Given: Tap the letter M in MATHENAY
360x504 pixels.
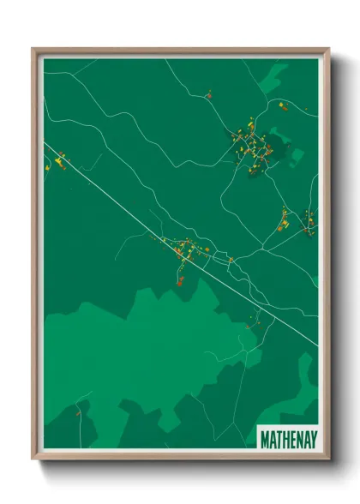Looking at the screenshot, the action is coord(264,438).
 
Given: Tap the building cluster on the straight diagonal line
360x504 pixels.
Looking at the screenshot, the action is coord(183,250).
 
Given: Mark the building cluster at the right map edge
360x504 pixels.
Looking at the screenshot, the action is coord(309,221).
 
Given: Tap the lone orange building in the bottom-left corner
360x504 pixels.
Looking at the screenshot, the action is coord(78,412).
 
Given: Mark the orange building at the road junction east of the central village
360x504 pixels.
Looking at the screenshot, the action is coord(231,259).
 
